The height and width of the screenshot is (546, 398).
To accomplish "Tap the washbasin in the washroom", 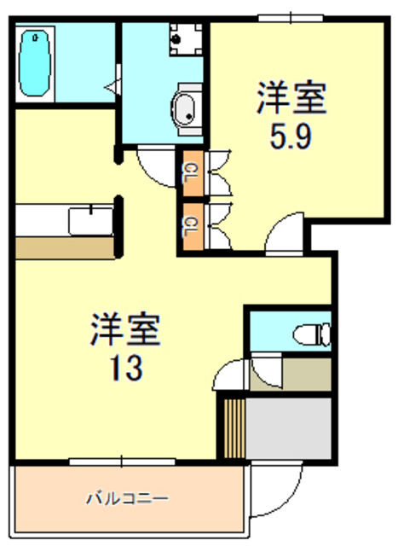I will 185,108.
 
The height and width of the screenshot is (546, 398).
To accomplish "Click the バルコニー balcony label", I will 127,497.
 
